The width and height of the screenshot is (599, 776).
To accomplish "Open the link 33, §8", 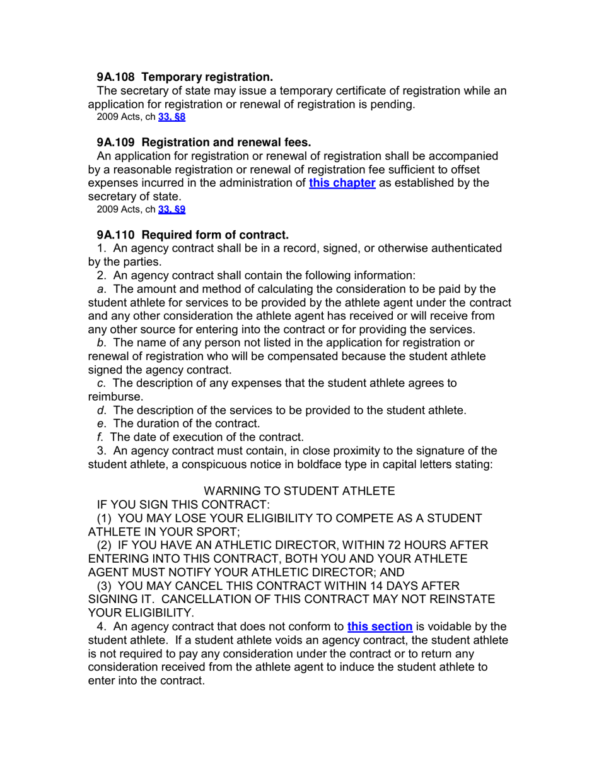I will coord(172,117).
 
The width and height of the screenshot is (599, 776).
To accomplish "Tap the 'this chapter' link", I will coord(342,184).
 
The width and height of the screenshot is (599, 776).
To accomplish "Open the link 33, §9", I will coord(172,208).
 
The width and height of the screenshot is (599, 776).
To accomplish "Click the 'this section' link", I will coord(380,626).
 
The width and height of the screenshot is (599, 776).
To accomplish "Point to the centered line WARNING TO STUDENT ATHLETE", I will coord(300,491).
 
